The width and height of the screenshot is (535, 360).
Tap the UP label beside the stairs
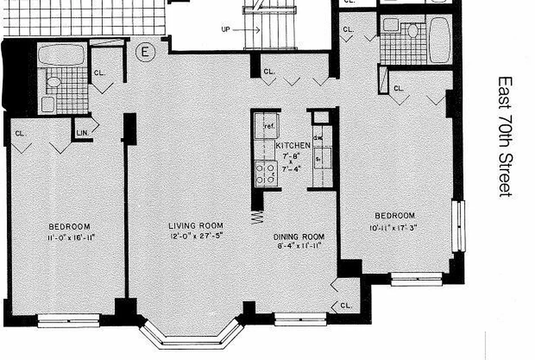(x=226, y=30)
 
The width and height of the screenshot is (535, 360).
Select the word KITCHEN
(x=293, y=146)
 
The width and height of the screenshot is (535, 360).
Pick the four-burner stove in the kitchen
(x=265, y=174)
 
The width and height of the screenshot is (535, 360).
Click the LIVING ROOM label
(x=196, y=226)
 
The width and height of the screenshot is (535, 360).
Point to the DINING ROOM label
(x=299, y=237)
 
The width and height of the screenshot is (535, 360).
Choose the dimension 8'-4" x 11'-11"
(x=299, y=247)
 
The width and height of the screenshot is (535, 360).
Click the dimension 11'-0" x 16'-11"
(x=69, y=237)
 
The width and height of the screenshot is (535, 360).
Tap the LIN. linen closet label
(x=82, y=133)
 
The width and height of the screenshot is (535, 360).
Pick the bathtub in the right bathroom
(x=440, y=40)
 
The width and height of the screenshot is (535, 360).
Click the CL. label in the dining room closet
(x=346, y=306)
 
